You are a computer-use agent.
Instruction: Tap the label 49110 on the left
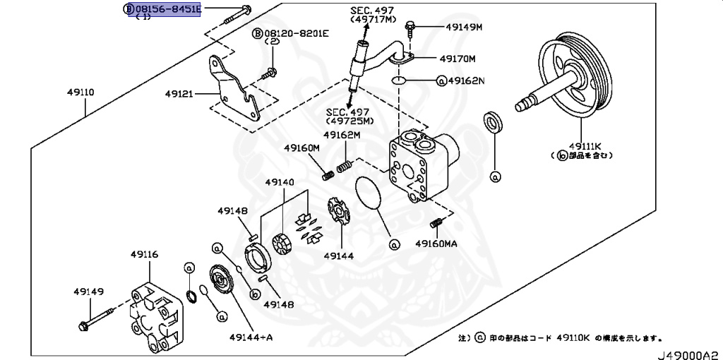81,92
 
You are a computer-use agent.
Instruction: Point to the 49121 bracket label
180,92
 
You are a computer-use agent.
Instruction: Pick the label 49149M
463,28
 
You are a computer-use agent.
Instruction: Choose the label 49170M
457,59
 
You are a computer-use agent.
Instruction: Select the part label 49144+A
250,337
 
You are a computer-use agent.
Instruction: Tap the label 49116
143,253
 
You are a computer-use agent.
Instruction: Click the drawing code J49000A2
689,352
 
